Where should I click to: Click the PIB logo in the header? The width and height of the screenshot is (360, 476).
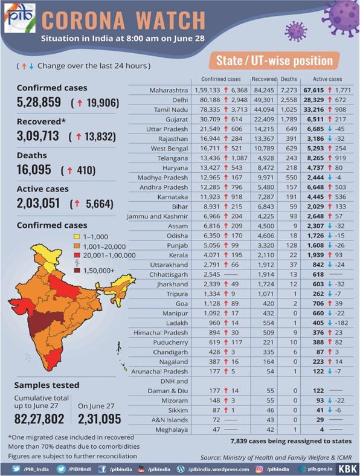pyautogui.click(x=20, y=18)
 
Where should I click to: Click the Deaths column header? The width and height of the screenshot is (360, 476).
pyautogui.click(x=289, y=79)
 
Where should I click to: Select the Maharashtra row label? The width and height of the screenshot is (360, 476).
pyautogui.click(x=169, y=90)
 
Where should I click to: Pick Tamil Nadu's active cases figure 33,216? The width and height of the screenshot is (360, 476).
pyautogui.click(x=313, y=109)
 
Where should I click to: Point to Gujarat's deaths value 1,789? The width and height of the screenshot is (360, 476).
pyautogui.click(x=289, y=120)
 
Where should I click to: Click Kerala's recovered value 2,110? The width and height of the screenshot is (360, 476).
pyautogui.click(x=266, y=256)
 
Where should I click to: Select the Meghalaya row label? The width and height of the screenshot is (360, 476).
pyautogui.click(x=172, y=430)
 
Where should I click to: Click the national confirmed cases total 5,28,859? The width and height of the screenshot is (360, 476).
pyautogui.click(x=39, y=102)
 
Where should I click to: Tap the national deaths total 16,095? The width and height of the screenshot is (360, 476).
pyautogui.click(x=34, y=170)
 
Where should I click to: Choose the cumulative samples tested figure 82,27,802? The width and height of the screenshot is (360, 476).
pyautogui.click(x=39, y=419)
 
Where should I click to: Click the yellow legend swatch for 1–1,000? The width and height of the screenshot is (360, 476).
pyautogui.click(x=77, y=237)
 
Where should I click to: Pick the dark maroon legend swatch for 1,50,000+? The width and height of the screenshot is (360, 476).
pyautogui.click(x=77, y=270)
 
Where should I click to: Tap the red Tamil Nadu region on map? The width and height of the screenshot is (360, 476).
pyautogui.click(x=52, y=359)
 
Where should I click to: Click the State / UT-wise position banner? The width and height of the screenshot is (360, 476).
pyautogui.click(x=274, y=60)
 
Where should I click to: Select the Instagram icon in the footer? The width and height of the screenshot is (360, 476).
pyautogui.click(x=259, y=469)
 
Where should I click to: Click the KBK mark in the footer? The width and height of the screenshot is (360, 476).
pyautogui.click(x=347, y=469)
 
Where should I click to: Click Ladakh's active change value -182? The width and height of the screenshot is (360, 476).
pyautogui.click(x=341, y=323)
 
